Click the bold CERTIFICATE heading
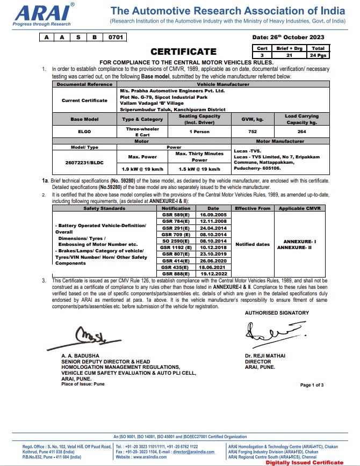183,52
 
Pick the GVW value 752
251,132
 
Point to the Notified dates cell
253,244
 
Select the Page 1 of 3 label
312,385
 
